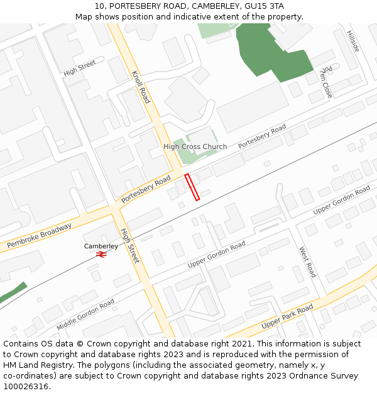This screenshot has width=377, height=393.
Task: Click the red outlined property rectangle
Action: coord(192,187)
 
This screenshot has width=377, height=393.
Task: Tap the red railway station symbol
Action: coord(101,254)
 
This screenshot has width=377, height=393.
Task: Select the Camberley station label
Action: coord(101,246)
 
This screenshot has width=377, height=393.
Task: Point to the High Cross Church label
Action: coord(195,147)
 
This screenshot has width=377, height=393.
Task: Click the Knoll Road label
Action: coord(141,87)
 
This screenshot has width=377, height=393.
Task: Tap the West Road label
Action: coord(307,262)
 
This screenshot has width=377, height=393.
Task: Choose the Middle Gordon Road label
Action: coord(85,314)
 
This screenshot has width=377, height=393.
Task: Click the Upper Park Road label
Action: coord(287,316)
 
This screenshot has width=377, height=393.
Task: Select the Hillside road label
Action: coord(353,40)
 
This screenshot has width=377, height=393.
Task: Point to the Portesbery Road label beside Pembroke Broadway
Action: coord(146,189)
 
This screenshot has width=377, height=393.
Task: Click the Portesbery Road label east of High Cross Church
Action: coord(262,136)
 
